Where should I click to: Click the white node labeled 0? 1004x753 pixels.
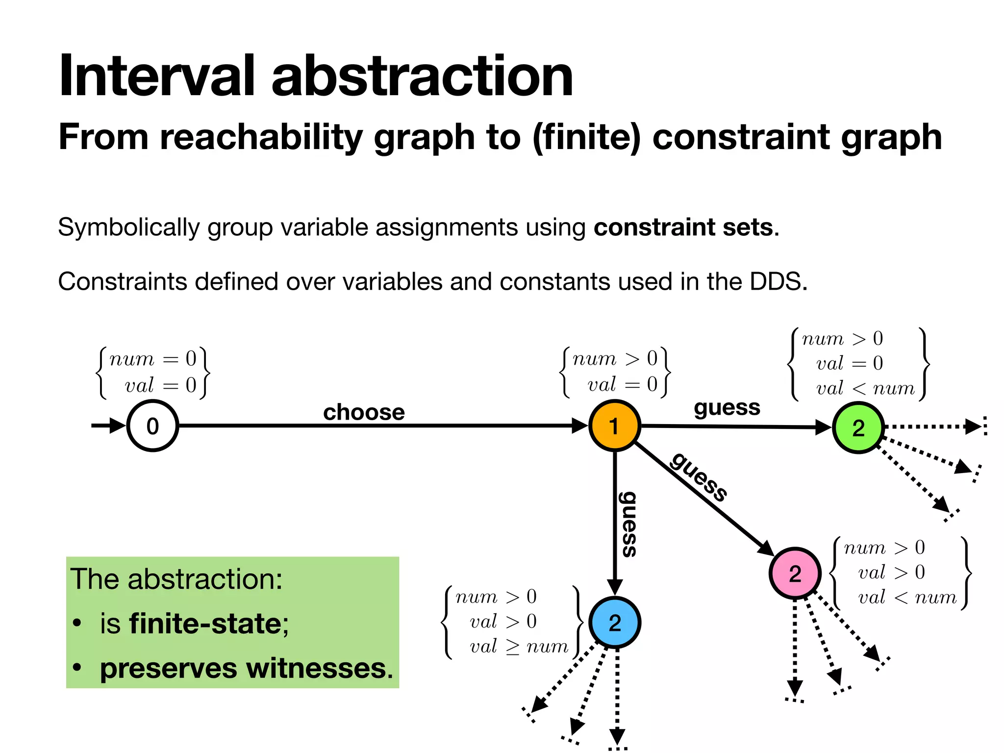pyautogui.click(x=152, y=426)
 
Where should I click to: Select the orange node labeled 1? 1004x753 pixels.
pyautogui.click(x=614, y=426)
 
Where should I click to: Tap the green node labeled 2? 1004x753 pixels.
pyautogui.click(x=858, y=427)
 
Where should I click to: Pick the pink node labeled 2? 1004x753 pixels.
pyautogui.click(x=795, y=573)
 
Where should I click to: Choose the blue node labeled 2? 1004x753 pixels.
pyautogui.click(x=614, y=623)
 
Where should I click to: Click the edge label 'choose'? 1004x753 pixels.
pyautogui.click(x=364, y=412)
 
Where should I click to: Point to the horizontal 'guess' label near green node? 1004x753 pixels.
pyautogui.click(x=727, y=407)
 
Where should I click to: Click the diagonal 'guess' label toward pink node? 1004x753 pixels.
pyautogui.click(x=699, y=477)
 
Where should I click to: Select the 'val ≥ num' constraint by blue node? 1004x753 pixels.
pyautogui.click(x=519, y=647)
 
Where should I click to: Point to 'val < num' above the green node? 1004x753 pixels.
pyautogui.click(x=865, y=388)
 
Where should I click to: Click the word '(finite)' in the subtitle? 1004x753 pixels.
pyautogui.click(x=586, y=137)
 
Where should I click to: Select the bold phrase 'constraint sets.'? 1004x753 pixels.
pyautogui.click(x=686, y=227)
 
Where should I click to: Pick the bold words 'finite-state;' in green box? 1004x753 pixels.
pyautogui.click(x=209, y=624)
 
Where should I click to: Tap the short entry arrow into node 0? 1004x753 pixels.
pyautogui.click(x=108, y=425)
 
